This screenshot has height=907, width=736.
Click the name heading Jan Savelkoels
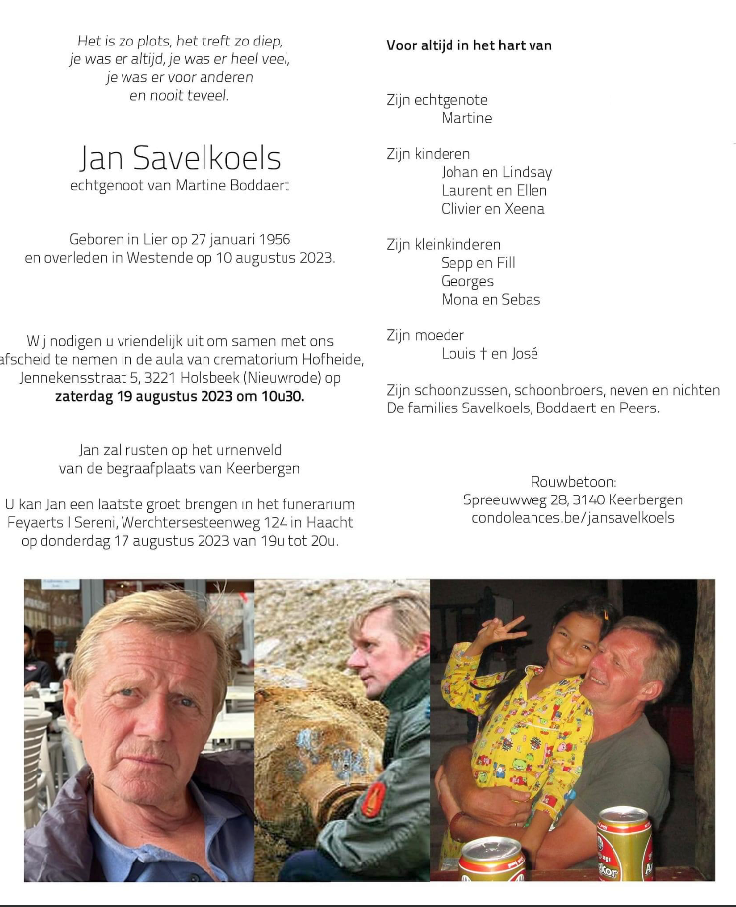[x=180, y=158]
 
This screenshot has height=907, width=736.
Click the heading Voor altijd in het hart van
[x=469, y=45]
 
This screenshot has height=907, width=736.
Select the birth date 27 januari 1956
[x=232, y=240]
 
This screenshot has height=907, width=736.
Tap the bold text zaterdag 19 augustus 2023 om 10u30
[x=180, y=396]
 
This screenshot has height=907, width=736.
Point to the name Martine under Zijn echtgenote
[x=466, y=118]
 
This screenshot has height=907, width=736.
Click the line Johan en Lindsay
[x=496, y=172]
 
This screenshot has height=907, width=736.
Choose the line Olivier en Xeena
[x=493, y=209]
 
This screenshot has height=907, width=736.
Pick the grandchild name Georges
[x=467, y=281]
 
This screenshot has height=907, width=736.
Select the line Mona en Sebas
[x=491, y=299]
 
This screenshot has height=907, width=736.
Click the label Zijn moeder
[x=426, y=335]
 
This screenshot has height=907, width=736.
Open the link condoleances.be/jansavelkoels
[x=573, y=517]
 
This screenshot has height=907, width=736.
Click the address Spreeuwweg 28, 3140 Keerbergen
[x=573, y=499]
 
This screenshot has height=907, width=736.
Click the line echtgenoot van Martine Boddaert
[x=180, y=185]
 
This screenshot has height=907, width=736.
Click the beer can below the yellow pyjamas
[x=491, y=859]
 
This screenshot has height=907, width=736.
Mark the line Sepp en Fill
[x=477, y=263]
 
